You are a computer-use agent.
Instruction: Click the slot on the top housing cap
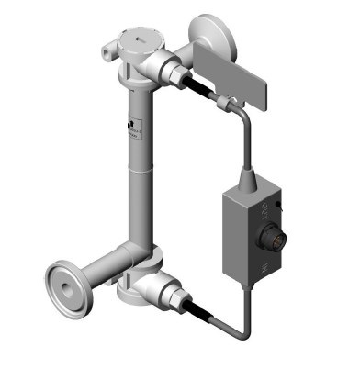coord(139,39)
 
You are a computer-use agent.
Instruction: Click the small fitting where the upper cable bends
coord(223,103)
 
